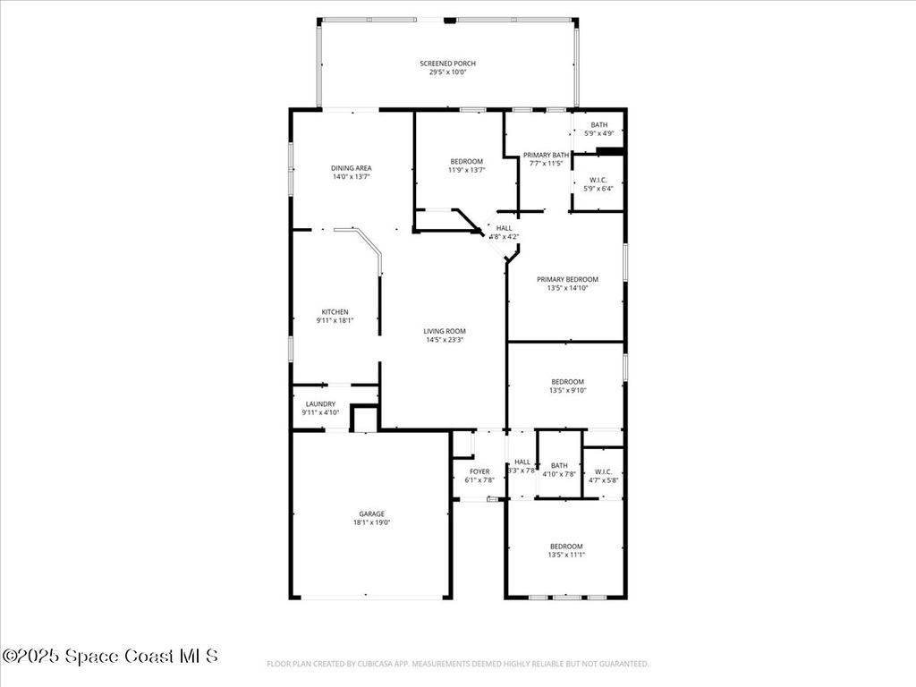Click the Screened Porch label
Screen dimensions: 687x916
tap(447, 64)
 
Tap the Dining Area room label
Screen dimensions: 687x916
tap(351, 168)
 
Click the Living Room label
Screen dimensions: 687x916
tap(445, 331)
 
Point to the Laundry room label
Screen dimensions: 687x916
tap(319, 404)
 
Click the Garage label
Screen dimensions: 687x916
tap(372, 513)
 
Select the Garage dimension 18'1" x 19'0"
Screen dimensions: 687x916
tap(372, 522)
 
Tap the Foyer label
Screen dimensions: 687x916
tap(479, 471)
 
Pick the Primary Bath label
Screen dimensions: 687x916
tap(546, 155)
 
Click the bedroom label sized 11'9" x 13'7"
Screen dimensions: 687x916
tap(466, 161)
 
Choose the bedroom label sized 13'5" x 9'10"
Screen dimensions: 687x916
tap(566, 382)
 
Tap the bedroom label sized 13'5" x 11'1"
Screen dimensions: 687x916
tap(566, 547)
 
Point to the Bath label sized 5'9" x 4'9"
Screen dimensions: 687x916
tap(598, 125)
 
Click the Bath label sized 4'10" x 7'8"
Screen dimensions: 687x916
tap(559, 465)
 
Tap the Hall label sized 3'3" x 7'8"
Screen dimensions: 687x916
tap(522, 462)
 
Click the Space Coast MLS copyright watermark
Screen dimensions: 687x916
tap(109, 656)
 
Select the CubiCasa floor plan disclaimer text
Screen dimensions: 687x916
tap(457, 664)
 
